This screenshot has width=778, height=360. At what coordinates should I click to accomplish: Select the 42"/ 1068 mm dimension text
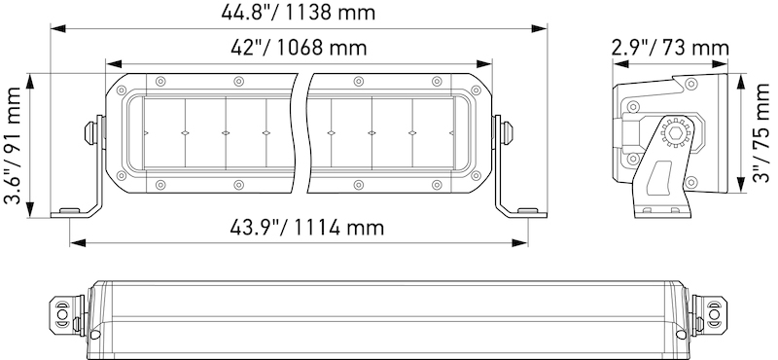click(299, 48)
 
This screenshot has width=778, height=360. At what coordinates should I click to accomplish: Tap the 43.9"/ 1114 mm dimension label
click(294, 227)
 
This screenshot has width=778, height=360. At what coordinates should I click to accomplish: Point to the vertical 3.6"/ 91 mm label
click(14, 146)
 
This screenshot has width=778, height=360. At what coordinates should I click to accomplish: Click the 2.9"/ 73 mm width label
click(671, 48)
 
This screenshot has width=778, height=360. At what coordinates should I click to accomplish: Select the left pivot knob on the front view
click(93, 131)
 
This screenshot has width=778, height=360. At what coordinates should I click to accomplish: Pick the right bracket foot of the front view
click(525, 210)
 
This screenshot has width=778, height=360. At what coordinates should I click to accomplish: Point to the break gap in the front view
click(301, 131)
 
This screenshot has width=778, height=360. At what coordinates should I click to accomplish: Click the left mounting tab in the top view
click(63, 313)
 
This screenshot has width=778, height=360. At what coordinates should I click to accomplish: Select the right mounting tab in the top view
click(715, 313)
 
